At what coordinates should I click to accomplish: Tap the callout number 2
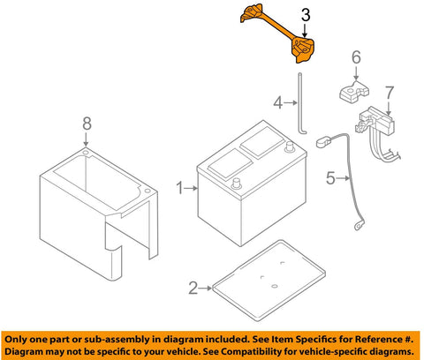193,287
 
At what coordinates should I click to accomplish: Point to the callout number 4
277,103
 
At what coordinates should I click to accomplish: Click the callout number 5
329,179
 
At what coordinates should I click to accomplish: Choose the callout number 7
388,91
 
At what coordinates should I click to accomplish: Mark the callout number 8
87,125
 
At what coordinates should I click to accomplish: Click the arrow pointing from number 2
205,287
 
